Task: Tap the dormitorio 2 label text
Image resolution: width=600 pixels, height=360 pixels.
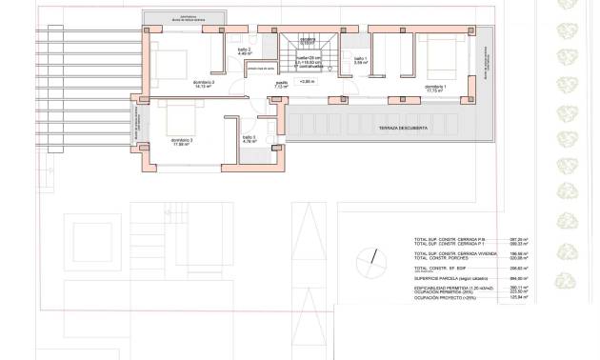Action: (203, 84)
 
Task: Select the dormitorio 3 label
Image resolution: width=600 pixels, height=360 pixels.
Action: (182, 141)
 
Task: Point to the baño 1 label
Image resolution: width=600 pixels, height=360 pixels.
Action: (360, 60)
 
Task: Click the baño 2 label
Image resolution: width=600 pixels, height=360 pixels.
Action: (243, 50)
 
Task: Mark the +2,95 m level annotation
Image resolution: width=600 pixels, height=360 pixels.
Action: (307, 82)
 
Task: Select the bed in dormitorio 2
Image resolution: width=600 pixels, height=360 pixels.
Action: (179, 64)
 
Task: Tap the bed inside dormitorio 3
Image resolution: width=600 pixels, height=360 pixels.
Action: (181, 118)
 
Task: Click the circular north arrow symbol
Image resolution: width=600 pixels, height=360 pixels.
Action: (367, 260)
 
